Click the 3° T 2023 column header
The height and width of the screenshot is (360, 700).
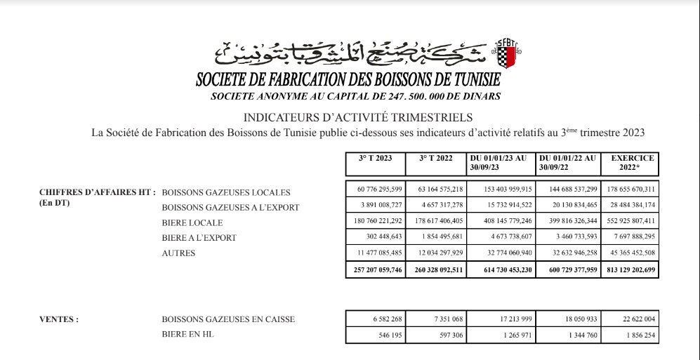(375, 159)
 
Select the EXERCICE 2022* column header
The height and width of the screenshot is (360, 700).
(631, 163)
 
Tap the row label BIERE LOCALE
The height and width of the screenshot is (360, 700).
(192, 222)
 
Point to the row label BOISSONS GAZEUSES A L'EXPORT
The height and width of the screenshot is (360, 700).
(230, 207)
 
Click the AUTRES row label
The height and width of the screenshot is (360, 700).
(178, 253)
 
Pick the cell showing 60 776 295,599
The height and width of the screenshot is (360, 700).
(375, 190)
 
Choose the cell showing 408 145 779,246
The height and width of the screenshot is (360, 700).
(500, 222)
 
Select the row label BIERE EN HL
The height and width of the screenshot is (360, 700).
(187, 335)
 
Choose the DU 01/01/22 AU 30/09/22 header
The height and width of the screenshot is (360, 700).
(567, 163)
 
